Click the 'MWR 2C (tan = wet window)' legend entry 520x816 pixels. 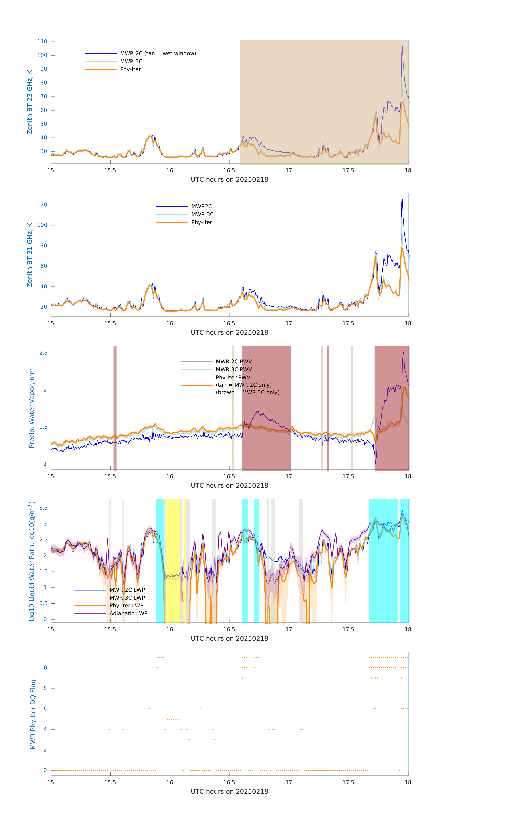pyautogui.click(x=158, y=54)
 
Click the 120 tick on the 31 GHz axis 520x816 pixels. pyautogui.click(x=42, y=205)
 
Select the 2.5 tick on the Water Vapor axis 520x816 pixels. pyautogui.click(x=43, y=353)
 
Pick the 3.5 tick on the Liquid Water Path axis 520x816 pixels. pyautogui.click(x=43, y=508)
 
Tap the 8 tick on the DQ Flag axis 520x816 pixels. pyautogui.click(x=45, y=688)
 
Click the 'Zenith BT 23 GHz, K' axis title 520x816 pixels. pyautogui.click(x=30, y=102)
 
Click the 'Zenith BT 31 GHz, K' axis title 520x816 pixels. pyautogui.click(x=30, y=255)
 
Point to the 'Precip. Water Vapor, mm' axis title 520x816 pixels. pyautogui.click(x=32, y=408)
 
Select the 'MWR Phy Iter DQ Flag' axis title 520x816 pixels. pyautogui.click(x=33, y=714)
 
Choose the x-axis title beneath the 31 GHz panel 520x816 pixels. pyautogui.click(x=229, y=332)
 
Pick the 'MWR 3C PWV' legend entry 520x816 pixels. pyautogui.click(x=234, y=369)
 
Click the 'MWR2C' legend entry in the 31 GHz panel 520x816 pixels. pyautogui.click(x=202, y=206)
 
